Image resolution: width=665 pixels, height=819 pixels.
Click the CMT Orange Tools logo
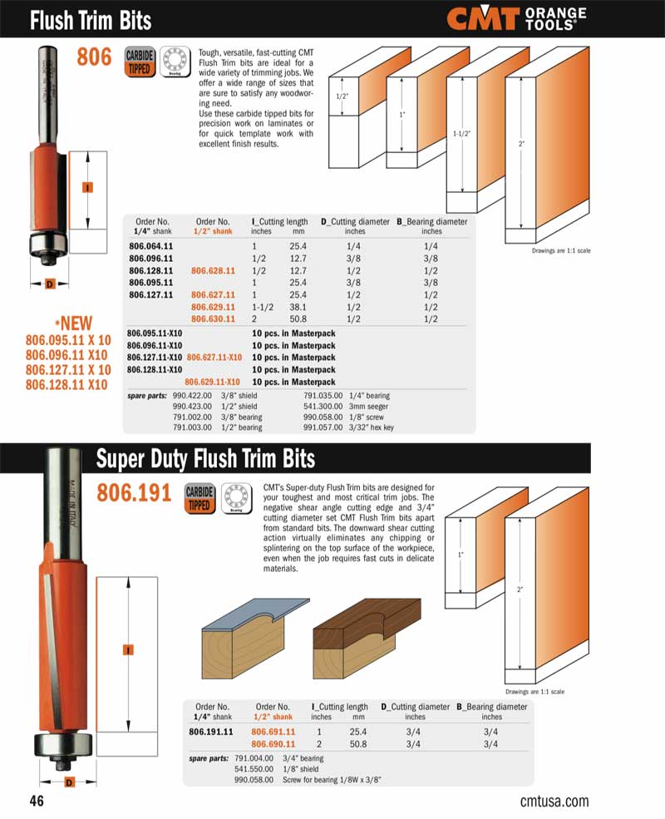pyautogui.click(x=515, y=18)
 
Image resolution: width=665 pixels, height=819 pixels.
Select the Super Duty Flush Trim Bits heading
pyautogui.click(x=205, y=458)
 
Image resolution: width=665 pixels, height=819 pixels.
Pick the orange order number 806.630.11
pyautogui.click(x=214, y=318)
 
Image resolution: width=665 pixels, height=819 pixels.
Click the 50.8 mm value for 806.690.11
pyautogui.click(x=358, y=743)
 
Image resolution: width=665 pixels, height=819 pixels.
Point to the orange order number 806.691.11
pyautogui.click(x=273, y=732)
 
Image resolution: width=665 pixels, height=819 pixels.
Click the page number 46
pyautogui.click(x=36, y=802)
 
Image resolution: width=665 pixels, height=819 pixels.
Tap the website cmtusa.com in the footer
pyautogui.click(x=554, y=802)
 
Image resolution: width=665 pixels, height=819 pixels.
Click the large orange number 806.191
pyautogui.click(x=134, y=494)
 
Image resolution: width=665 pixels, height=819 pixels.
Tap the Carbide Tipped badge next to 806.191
pyautogui.click(x=199, y=498)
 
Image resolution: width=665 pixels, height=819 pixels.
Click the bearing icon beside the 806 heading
pyautogui.click(x=175, y=61)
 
